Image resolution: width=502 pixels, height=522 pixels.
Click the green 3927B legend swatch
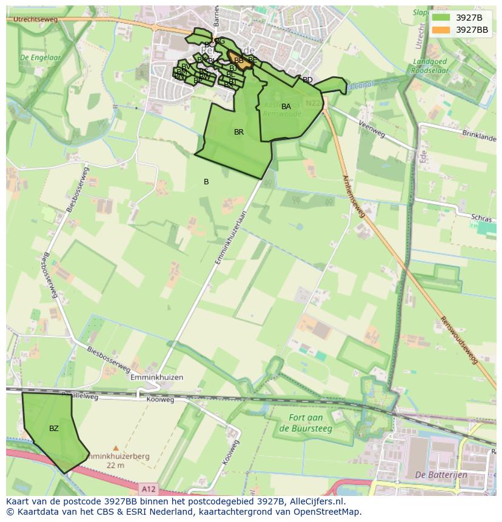[441, 17]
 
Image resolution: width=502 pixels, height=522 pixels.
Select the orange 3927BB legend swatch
[441, 30]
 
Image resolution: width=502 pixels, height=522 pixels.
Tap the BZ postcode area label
[54, 429]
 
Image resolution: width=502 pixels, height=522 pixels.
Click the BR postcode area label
[239, 132]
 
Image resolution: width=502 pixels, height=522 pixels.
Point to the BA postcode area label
[286, 107]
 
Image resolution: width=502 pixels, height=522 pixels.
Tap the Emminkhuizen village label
[156, 377]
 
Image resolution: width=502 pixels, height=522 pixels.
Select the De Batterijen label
[441, 475]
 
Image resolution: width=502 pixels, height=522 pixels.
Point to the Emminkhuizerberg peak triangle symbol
[116, 449]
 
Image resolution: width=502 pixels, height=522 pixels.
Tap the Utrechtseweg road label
[32, 20]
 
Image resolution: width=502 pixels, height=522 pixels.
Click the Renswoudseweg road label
[458, 340]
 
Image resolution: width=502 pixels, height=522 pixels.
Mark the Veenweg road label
[372, 128]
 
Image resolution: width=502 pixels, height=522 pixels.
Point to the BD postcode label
[307, 80]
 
